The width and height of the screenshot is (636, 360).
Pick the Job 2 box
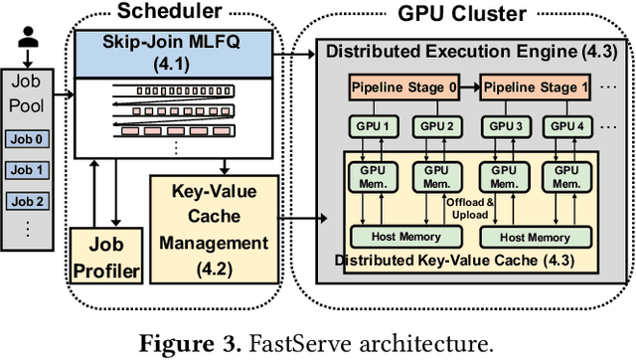click(x=26, y=200)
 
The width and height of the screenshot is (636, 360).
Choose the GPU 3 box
click(x=505, y=127)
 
